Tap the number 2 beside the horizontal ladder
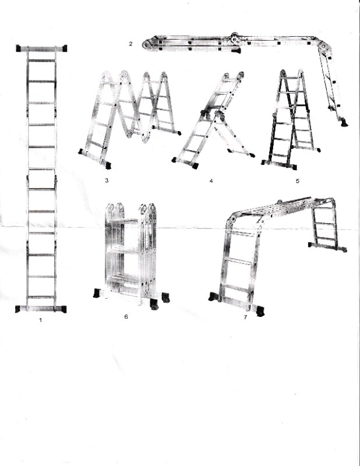pyautogui.click(x=132, y=43)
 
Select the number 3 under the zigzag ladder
pyautogui.click(x=107, y=181)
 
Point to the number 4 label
pyautogui.click(x=211, y=181)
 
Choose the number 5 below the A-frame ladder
pyautogui.click(x=297, y=181)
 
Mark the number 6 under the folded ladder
pyautogui.click(x=126, y=317)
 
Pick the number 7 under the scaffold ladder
pyautogui.click(x=245, y=317)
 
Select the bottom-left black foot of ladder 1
pyautogui.click(x=19, y=309)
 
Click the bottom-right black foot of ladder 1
pyautogui.click(x=63, y=309)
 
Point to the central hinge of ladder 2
pyautogui.click(x=235, y=39)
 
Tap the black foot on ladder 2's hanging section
pyautogui.click(x=344, y=123)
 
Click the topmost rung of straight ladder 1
pyautogui.click(x=41, y=60)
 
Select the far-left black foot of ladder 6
pyautogui.click(x=97, y=293)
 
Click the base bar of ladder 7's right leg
pyautogui.click(x=327, y=247)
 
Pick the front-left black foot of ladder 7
pyautogui.click(x=213, y=297)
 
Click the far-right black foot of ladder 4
pyautogui.click(x=252, y=155)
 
